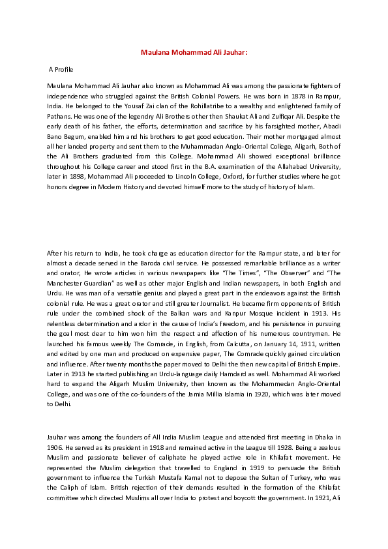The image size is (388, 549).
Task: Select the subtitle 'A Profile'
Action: [61, 68]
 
